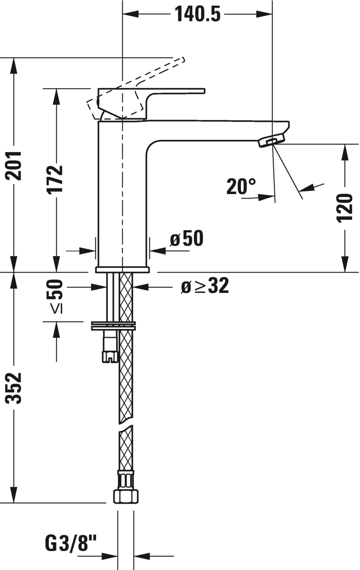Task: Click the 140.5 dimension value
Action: pos(197,14)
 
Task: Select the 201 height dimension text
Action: pos(16,166)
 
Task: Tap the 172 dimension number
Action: pos(56,179)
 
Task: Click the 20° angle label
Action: pos(241,186)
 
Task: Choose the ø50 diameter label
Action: pos(187,239)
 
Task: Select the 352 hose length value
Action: pos(16,388)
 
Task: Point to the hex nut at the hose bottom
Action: pos(125,496)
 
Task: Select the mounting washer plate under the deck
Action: pos(113,325)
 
